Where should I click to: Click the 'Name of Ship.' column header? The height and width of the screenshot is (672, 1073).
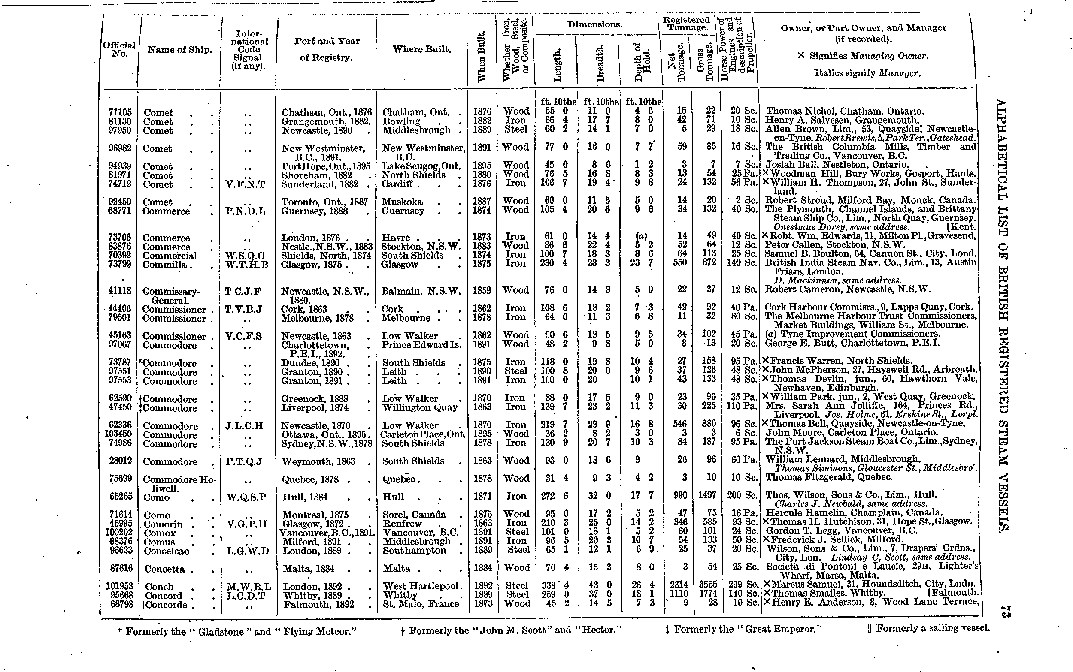coord(179,50)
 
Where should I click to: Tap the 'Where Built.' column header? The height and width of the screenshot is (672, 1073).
coord(421,49)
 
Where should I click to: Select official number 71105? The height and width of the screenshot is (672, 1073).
coord(121,112)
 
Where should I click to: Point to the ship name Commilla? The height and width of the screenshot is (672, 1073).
coord(165,265)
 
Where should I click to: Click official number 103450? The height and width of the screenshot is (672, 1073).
coord(119,434)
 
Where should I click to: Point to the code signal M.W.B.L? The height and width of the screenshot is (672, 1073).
coord(248,587)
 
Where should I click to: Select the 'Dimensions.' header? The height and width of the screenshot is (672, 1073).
coord(594,25)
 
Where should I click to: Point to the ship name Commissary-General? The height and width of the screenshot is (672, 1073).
coord(171,296)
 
